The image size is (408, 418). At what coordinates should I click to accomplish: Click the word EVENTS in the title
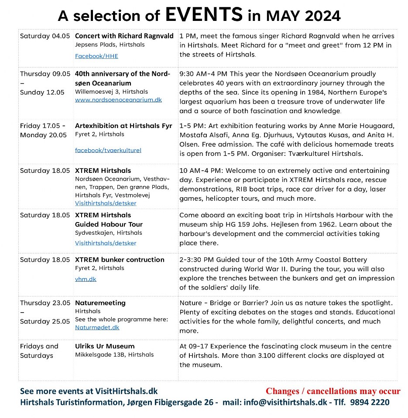(x=204, y=15)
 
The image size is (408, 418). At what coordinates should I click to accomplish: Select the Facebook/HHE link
(x=96, y=56)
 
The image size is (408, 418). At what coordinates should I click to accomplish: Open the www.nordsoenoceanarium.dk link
(x=118, y=100)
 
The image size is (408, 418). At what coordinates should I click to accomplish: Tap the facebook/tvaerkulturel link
(x=108, y=150)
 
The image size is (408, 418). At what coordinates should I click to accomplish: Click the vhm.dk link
(x=86, y=279)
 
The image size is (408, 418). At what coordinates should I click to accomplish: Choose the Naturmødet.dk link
(x=97, y=327)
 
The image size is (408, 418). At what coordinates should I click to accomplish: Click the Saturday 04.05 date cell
(x=45, y=36)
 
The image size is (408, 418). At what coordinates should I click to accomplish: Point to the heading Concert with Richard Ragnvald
(x=124, y=36)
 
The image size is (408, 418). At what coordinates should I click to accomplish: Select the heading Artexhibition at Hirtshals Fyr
(x=123, y=126)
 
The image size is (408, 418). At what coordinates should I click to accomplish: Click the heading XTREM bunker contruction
(x=120, y=260)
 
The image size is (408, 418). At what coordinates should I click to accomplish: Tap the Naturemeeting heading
(x=100, y=303)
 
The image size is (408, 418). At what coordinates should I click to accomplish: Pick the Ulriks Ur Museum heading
(x=105, y=346)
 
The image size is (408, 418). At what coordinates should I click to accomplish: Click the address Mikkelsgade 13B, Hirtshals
(x=114, y=355)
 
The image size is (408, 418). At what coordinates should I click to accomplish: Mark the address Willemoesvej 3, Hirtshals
(x=111, y=92)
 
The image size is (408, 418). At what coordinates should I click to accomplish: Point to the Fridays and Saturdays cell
(x=39, y=351)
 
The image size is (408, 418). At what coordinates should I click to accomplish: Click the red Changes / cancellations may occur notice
(x=333, y=391)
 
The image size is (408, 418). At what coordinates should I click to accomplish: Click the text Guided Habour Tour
(x=109, y=224)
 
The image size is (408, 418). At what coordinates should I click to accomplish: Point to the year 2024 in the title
(x=318, y=16)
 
